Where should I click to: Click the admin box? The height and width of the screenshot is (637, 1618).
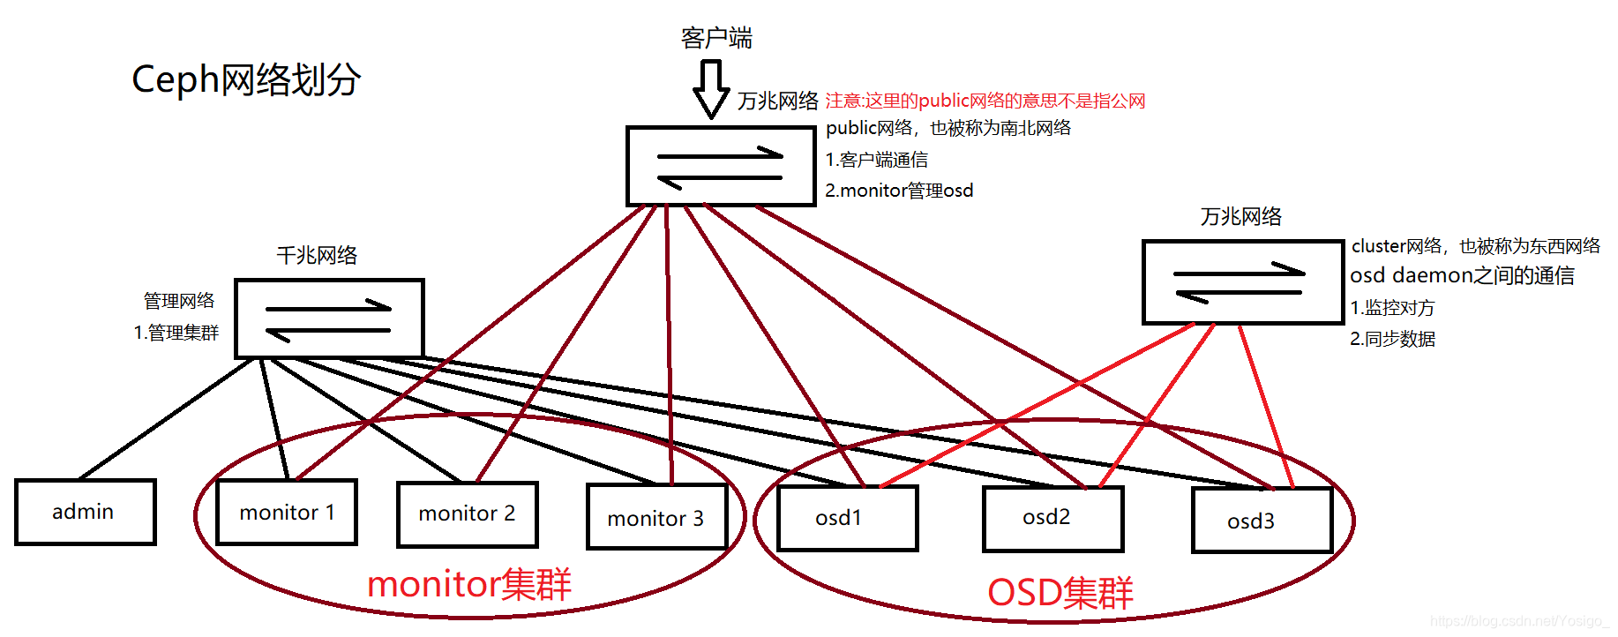coord(85,512)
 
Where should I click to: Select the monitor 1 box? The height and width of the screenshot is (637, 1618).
coord(287,513)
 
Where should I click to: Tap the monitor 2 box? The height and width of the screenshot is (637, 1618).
coord(467,513)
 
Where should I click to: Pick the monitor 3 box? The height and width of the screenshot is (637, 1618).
coord(656,518)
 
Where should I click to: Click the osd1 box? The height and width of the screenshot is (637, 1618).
coord(847,518)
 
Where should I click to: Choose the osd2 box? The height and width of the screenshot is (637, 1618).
coord(1052,518)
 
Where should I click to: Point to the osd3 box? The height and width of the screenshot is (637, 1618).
coord(1261,521)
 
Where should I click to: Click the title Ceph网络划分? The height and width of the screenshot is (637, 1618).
coord(246,79)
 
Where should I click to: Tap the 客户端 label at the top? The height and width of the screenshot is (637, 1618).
coord(716,38)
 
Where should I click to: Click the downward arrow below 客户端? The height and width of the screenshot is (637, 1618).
coord(711,89)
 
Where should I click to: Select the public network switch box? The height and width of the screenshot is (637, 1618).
coord(721,166)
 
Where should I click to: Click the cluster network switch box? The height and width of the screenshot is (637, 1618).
coord(1242,281)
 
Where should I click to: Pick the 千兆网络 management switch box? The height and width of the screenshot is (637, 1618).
coord(329,318)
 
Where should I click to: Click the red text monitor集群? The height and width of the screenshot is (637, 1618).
coord(468,584)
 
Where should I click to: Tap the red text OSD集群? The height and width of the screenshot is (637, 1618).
coord(1060,592)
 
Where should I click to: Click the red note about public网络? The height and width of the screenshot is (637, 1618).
coord(985,101)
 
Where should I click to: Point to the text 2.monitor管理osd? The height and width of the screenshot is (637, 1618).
coord(898,191)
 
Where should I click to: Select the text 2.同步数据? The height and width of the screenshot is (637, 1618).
coord(1392,339)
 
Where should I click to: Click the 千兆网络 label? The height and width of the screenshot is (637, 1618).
coord(317,256)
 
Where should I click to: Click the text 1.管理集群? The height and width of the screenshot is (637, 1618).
coord(176,333)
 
